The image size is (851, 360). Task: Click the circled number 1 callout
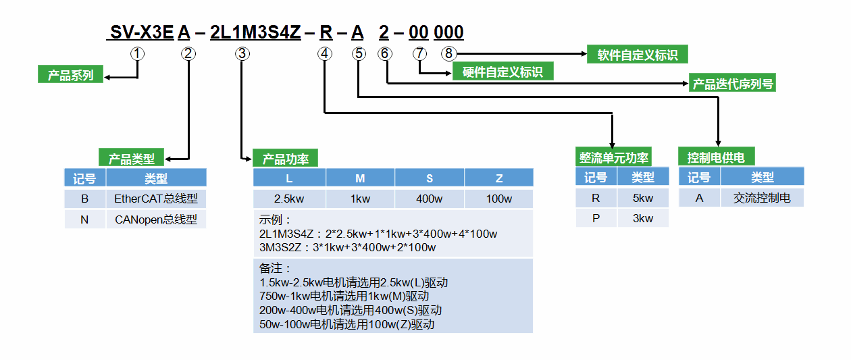click(x=138, y=53)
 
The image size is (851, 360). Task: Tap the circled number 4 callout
click(x=326, y=53)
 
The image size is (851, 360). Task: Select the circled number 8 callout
click(x=448, y=53)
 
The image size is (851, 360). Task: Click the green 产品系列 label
click(x=70, y=74)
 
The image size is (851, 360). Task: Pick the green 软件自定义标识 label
click(x=637, y=55)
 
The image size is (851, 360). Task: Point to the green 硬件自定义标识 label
click(x=502, y=71)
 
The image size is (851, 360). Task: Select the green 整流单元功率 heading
click(x=613, y=157)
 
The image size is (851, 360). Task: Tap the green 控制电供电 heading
click(x=716, y=157)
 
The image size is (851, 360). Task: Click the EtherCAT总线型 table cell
click(x=156, y=199)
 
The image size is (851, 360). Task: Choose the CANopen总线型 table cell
click(x=156, y=220)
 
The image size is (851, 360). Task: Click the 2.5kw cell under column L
click(x=289, y=199)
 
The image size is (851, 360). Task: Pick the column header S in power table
click(x=430, y=178)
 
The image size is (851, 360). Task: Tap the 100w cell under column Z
click(x=499, y=199)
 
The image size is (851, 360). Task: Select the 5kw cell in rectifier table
click(x=643, y=198)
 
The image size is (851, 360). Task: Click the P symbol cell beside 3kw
click(x=596, y=218)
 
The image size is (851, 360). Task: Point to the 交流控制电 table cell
click(x=762, y=198)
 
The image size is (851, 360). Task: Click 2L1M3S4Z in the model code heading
click(x=255, y=32)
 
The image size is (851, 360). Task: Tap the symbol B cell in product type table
click(x=85, y=199)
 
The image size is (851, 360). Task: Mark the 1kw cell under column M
click(x=360, y=199)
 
